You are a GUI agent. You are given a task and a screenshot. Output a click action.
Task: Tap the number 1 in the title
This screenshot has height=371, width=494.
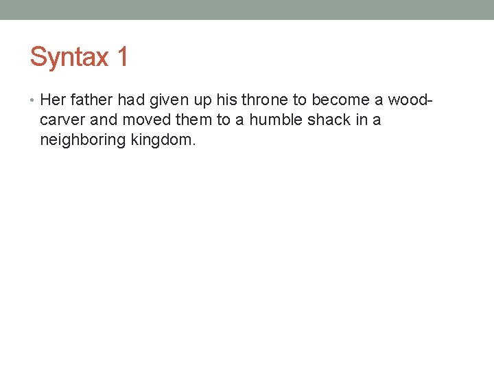(x=122, y=57)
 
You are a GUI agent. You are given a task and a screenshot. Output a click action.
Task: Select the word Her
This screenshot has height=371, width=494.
(x=53, y=100)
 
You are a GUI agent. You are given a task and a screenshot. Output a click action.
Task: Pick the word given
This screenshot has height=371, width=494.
(x=168, y=100)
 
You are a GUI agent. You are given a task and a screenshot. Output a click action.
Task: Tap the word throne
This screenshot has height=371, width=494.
(x=266, y=100)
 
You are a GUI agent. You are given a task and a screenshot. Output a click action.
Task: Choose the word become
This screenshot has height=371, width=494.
(x=340, y=100)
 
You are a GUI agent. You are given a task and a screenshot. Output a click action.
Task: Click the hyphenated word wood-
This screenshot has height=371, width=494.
(x=410, y=100)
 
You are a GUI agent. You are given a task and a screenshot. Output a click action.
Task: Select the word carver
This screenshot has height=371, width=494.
(x=64, y=120)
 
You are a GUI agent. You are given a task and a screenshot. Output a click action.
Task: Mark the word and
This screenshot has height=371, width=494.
(x=104, y=120)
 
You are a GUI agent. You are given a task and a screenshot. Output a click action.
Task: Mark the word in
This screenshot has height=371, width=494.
(x=360, y=120)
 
